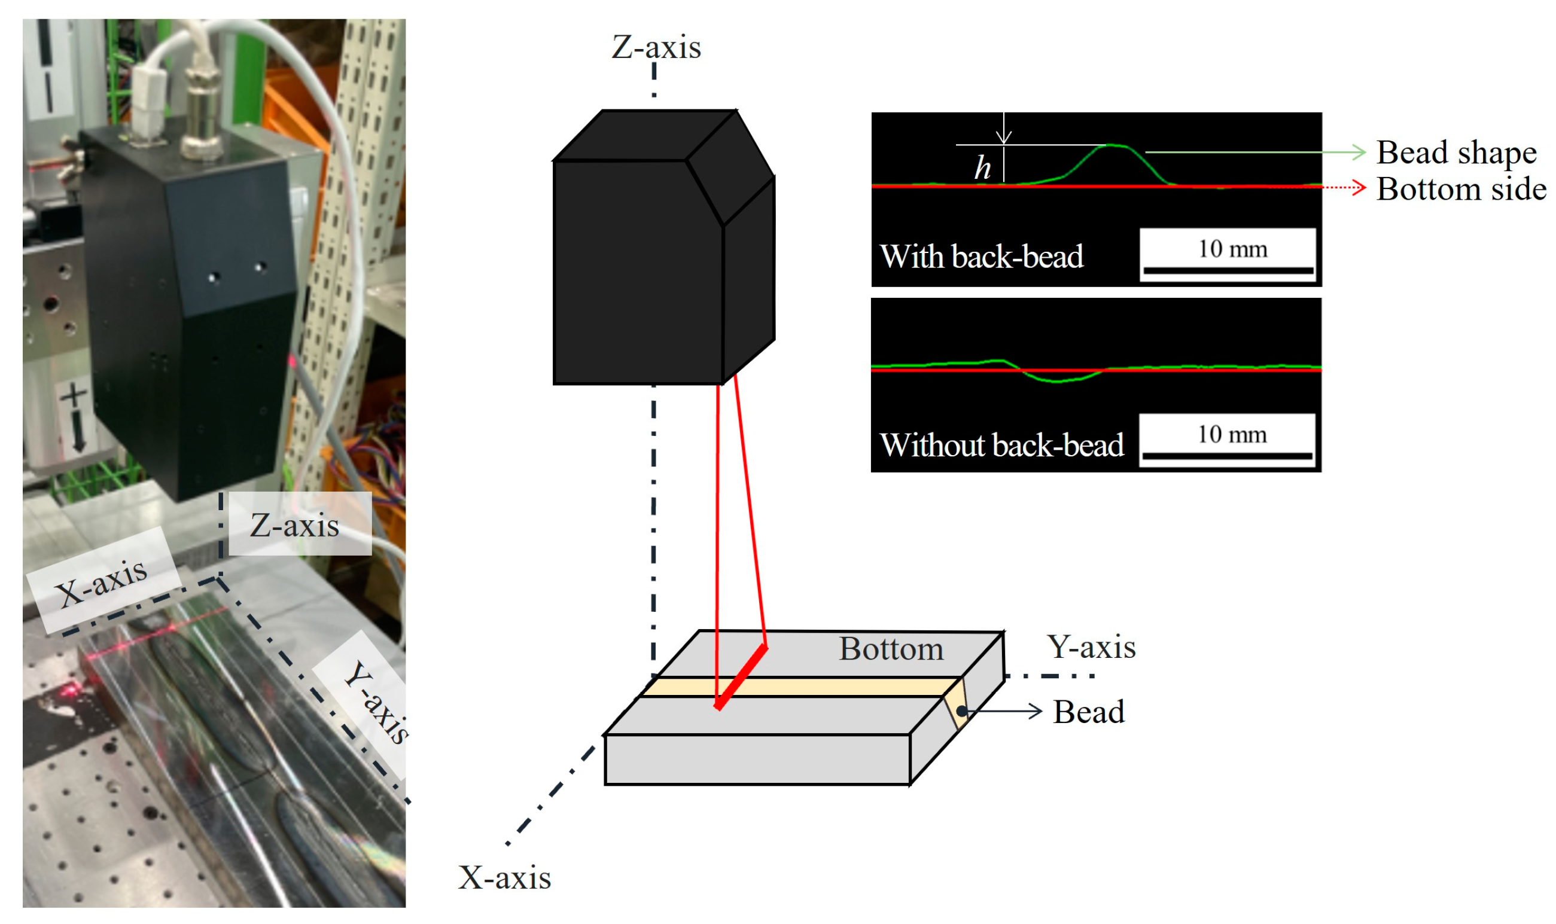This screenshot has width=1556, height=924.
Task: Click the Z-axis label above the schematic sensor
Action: coord(656,47)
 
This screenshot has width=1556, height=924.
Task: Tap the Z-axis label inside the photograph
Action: coord(294,526)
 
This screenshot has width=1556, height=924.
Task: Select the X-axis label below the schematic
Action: coord(504,878)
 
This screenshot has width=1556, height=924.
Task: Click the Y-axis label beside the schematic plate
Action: coord(1091,647)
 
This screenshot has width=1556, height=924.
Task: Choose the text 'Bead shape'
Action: coord(1455,153)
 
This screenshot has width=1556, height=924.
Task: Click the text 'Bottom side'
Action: coord(1461,188)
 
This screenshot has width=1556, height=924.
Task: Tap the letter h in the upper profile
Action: coord(982,167)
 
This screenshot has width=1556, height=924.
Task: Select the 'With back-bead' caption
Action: coord(981,257)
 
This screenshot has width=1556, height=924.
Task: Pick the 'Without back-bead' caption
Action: coord(1001,445)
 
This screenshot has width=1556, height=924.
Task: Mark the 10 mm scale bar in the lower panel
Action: coord(1227,456)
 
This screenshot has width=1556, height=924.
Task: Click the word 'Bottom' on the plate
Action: coord(890,649)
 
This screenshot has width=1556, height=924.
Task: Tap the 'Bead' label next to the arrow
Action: coord(1088,712)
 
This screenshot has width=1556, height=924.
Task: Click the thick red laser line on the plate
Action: coord(741,678)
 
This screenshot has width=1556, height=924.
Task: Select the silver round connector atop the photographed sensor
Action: coord(201,106)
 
